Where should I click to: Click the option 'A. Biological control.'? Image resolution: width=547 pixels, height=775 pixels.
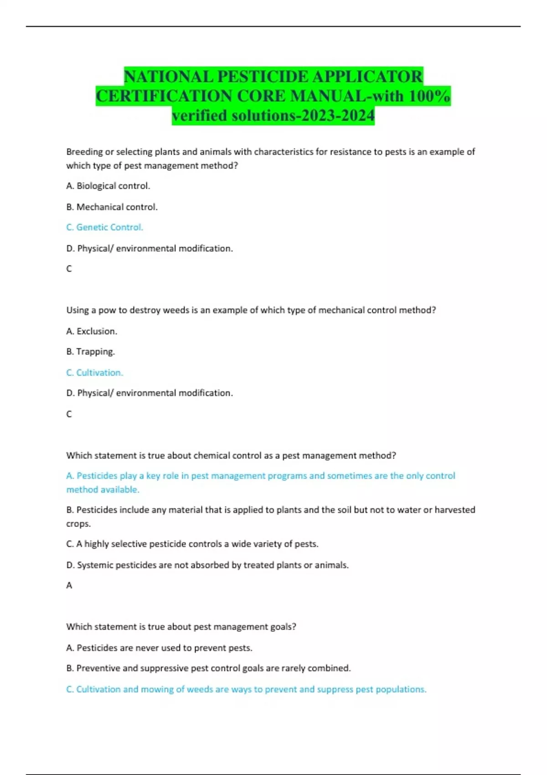(x=108, y=186)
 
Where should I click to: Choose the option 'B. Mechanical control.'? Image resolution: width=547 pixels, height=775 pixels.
(x=112, y=207)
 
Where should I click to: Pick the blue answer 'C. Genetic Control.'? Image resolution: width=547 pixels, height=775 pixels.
(x=104, y=227)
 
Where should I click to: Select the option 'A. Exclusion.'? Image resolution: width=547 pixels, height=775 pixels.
(x=92, y=331)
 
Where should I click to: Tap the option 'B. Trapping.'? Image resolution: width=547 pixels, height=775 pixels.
(x=90, y=351)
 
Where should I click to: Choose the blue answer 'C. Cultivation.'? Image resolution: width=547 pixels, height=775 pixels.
(x=94, y=372)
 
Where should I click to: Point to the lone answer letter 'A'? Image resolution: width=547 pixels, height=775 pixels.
(x=69, y=585)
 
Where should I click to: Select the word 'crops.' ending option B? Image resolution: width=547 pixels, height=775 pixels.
(x=78, y=524)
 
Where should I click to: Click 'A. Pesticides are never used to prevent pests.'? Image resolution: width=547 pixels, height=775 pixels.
(x=159, y=648)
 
